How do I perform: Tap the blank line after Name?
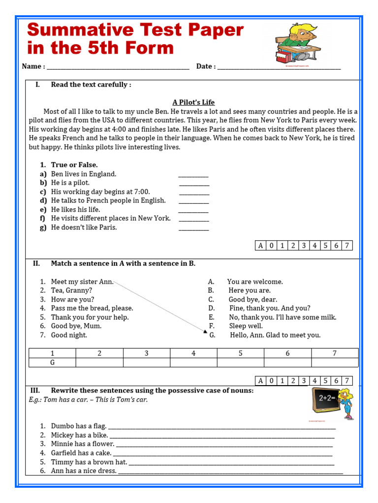tap(118, 67)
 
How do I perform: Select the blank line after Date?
tap(279, 67)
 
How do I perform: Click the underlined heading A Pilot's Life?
tap(193, 102)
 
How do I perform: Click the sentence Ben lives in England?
tap(84, 174)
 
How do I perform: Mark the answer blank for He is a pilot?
tap(194, 183)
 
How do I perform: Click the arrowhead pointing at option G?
tap(205, 332)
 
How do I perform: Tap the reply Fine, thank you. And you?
tap(270, 308)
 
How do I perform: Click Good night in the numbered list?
tap(69, 335)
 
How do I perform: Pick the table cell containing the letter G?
tap(53, 363)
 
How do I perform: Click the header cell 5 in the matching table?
tap(241, 353)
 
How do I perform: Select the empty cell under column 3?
tap(147, 363)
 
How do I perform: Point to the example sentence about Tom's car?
tap(88, 400)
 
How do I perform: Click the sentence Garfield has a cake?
tap(81, 453)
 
